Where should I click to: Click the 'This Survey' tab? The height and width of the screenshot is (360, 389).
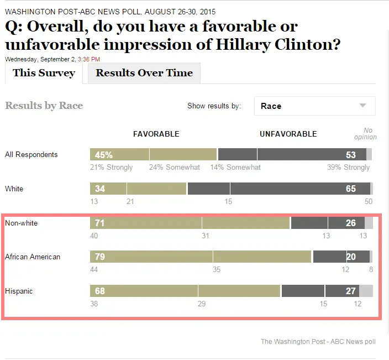tap(44, 73)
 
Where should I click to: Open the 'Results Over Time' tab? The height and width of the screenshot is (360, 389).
tap(144, 73)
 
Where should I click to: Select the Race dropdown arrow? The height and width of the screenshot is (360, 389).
tap(362, 106)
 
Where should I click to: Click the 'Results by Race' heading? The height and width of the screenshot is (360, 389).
tap(44, 106)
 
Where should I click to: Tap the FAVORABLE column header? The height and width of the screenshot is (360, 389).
tap(156, 134)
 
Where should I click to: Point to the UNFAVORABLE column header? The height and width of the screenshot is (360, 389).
tap(288, 134)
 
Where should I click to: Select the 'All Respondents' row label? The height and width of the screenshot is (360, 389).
tap(31, 155)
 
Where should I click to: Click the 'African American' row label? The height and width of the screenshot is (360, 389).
tap(33, 257)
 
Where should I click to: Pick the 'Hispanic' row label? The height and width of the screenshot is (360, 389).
tap(19, 291)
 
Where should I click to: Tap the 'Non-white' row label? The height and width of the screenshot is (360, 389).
tap(22, 223)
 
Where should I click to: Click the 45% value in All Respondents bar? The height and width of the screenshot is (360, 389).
tap(103, 155)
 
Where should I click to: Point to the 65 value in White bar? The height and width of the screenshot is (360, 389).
tap(351, 189)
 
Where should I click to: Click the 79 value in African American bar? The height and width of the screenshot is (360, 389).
tap(100, 257)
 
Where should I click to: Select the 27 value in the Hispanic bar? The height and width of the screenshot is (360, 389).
tap(351, 291)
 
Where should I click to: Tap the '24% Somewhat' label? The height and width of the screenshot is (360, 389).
tap(175, 167)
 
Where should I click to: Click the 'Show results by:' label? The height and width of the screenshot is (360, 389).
tap(214, 106)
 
